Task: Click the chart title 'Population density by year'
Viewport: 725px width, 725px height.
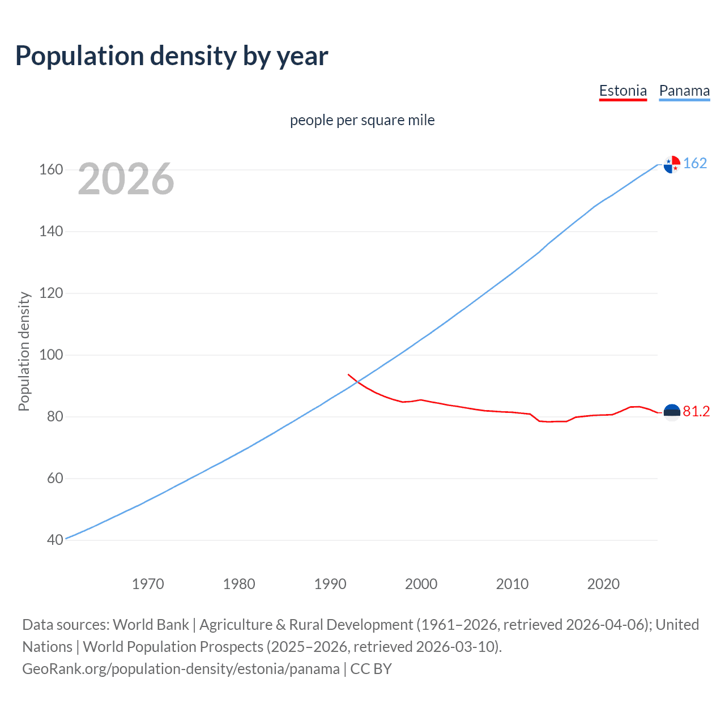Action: [172, 56]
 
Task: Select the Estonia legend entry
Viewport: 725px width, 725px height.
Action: [622, 91]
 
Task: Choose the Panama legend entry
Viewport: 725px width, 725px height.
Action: [684, 91]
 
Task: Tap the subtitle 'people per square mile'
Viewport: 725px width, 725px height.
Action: [362, 120]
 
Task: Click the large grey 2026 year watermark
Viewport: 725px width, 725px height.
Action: [126, 179]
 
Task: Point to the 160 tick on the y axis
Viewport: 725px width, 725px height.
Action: [51, 170]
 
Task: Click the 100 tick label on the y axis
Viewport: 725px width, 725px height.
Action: [51, 355]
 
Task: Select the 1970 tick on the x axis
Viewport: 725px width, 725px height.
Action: [148, 584]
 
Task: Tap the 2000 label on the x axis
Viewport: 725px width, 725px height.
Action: [421, 584]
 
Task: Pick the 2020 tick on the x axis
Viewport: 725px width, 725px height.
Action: [603, 584]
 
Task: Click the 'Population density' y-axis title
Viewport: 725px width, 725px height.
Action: [24, 351]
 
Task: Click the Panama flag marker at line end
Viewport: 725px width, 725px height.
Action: [672, 164]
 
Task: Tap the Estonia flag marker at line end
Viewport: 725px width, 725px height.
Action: [672, 412]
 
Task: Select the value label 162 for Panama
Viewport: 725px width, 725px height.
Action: [695, 164]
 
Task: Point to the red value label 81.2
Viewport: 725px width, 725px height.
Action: [696, 412]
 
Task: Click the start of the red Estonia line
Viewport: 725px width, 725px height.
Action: [348, 374]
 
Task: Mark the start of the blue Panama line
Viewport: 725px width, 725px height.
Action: [66, 539]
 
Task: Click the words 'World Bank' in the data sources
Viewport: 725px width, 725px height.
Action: [151, 625]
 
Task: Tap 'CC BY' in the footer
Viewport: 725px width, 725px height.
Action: [371, 669]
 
